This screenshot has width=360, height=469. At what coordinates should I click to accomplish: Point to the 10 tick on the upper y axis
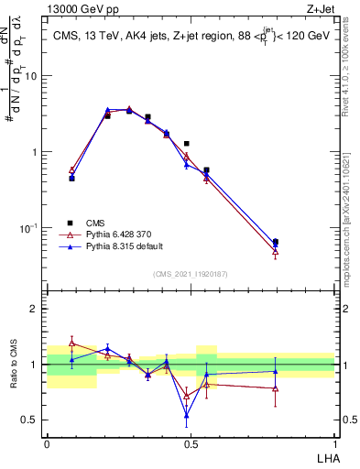coord(33,76)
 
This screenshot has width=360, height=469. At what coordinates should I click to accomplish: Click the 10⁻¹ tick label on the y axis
coord(29,227)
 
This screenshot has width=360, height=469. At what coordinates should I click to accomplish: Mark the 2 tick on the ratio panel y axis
coord(37,309)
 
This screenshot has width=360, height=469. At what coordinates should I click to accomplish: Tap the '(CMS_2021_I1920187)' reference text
coord(191,274)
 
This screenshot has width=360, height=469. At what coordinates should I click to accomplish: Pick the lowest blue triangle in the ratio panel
coord(187,415)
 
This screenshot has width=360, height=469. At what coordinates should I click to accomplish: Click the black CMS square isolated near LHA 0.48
coord(187,144)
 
